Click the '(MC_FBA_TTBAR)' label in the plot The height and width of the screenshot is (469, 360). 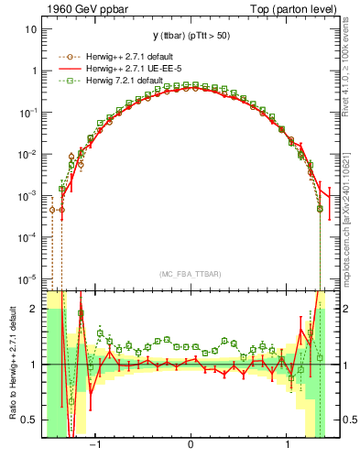click(x=190, y=274)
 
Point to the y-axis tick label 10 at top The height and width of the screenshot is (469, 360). click(x=30, y=28)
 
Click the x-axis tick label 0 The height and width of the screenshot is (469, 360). click(x=190, y=446)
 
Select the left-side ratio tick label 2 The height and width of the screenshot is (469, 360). click(x=34, y=309)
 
